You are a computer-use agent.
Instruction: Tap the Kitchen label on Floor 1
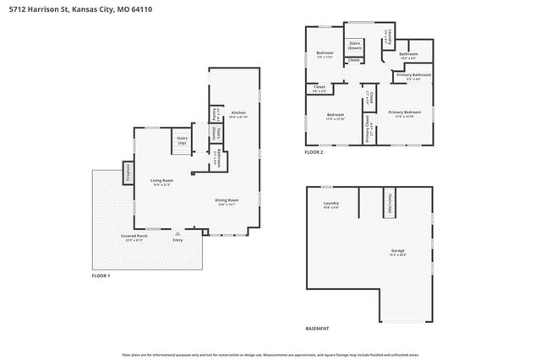[238, 114]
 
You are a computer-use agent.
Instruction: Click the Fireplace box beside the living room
[128, 172]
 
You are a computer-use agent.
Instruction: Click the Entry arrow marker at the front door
[178, 232]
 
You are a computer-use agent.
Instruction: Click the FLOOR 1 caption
[101, 275]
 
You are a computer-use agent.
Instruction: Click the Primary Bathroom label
[411, 76]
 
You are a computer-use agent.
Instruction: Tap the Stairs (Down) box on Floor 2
[353, 47]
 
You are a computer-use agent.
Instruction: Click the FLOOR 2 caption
[314, 151]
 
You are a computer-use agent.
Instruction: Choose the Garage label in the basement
[396, 251]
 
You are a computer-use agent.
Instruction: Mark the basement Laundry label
[331, 204]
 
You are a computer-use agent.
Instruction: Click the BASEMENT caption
[317, 328]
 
